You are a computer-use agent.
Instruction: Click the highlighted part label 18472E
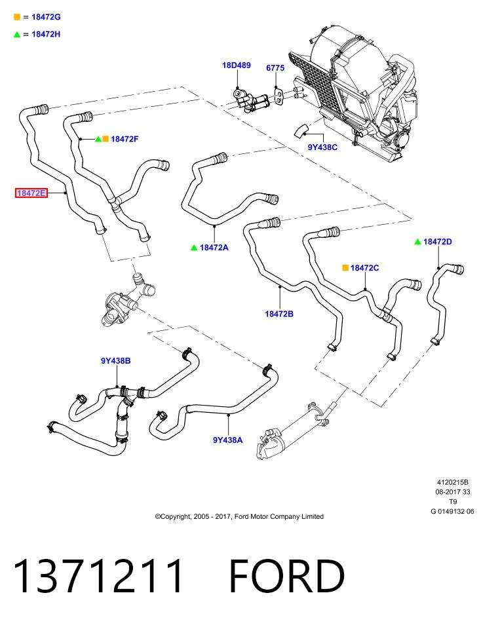31,193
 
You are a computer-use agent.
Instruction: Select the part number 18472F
125,139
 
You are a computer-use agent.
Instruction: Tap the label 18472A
214,248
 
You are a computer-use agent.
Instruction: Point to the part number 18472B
279,314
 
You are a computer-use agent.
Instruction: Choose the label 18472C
364,267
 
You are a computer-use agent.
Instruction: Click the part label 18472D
438,242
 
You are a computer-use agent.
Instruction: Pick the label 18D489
237,65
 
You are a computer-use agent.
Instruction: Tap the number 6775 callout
275,67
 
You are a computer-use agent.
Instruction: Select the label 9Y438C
322,147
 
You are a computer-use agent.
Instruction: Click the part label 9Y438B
116,360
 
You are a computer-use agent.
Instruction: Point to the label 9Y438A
228,440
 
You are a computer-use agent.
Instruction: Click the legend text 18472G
46,17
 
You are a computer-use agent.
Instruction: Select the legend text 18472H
46,34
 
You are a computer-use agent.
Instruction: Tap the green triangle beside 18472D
417,242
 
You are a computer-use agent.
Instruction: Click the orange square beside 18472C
345,267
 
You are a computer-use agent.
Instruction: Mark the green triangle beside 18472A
194,248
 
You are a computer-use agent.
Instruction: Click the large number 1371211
98,576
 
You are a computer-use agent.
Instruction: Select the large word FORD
287,576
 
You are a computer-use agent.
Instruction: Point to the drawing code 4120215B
453,482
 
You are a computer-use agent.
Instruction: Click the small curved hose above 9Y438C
301,131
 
